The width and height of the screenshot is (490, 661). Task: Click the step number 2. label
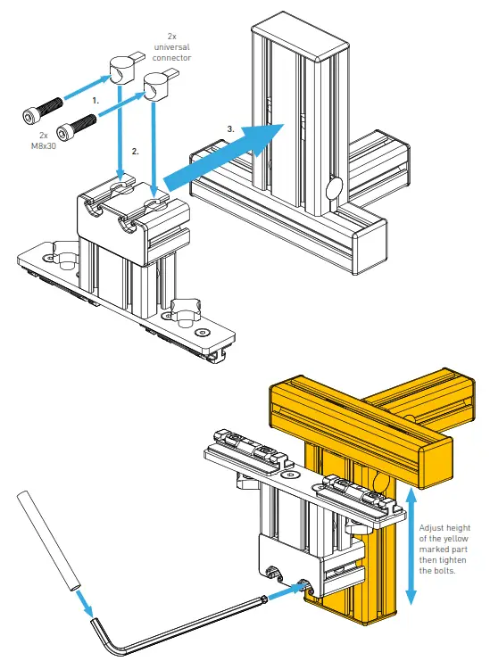tap(136, 152)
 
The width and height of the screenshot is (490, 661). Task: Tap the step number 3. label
tap(231, 129)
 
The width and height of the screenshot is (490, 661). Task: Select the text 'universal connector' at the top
tap(172, 46)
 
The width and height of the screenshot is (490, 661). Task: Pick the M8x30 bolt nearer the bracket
tap(81, 122)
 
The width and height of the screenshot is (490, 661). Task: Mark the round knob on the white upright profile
tap(336, 189)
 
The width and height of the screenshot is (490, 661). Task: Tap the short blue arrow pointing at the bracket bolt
tap(287, 591)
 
